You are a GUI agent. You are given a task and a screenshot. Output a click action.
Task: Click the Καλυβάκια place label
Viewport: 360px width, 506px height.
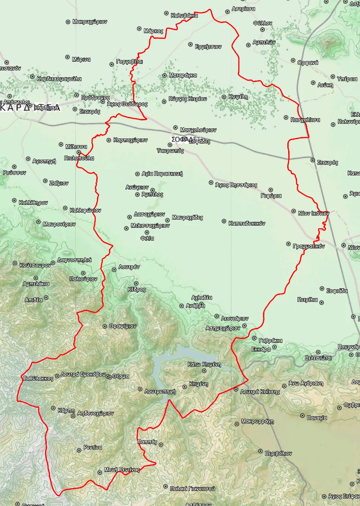[x=184, y=15]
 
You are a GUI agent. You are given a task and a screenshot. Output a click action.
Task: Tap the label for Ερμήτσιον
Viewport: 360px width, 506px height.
[x=208, y=47]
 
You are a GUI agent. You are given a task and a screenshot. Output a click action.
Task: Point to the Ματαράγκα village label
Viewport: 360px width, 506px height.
[x=182, y=75]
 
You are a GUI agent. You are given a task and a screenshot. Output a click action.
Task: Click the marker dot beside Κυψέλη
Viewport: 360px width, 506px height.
[x=224, y=97]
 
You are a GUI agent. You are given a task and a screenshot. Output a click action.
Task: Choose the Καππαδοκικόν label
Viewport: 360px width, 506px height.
[x=247, y=223]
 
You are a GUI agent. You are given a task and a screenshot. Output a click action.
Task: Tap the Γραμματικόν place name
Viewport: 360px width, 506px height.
[x=308, y=246]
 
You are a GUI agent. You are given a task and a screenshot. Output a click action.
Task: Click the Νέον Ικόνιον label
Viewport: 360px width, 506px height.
[x=314, y=213]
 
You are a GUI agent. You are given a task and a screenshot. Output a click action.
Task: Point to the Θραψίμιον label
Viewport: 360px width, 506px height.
[x=122, y=326]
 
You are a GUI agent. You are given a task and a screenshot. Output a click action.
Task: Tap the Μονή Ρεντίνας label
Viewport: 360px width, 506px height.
[x=122, y=470]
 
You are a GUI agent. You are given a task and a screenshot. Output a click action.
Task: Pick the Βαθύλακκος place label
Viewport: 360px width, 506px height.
[x=38, y=378]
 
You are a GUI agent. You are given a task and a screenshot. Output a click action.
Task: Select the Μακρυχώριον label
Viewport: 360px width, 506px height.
[x=90, y=22]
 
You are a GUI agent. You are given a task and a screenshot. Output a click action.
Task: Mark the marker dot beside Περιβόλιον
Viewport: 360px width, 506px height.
[x=260, y=452]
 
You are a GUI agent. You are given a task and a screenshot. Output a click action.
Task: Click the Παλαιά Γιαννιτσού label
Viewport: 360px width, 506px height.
[x=193, y=488]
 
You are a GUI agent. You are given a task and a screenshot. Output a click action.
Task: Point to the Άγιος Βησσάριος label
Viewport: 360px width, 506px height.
[x=236, y=186]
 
